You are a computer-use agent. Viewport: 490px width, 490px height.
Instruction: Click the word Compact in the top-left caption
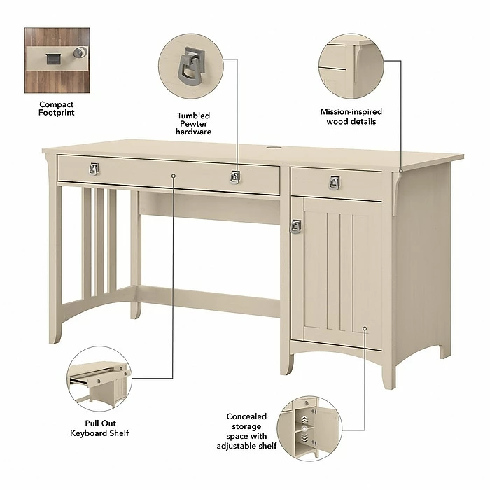coord(57,104)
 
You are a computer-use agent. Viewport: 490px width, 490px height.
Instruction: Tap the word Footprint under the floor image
coord(57,113)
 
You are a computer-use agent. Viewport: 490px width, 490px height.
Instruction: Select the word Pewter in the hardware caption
coord(193,124)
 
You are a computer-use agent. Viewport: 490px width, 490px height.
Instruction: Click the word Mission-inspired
coord(351,112)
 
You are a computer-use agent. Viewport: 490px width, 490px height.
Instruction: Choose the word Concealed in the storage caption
coord(246,416)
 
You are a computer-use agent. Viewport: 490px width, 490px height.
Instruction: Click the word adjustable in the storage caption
coord(236,446)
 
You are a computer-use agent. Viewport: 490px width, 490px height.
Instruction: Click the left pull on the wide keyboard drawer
coord(94,169)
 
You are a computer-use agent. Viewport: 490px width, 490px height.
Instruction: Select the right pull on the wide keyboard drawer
coord(235,177)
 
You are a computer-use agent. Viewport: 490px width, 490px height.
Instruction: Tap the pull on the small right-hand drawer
coord(335,183)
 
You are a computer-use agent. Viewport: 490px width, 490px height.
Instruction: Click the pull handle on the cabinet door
coord(295,226)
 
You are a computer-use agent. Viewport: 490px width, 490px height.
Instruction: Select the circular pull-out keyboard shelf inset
coord(99,379)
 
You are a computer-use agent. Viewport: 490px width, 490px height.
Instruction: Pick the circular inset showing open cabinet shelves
coord(309,429)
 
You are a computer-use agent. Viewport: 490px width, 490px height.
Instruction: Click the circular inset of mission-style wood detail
coord(351,66)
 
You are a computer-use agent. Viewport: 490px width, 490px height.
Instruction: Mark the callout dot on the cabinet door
coord(365,328)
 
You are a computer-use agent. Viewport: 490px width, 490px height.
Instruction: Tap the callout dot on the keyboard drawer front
coord(174,176)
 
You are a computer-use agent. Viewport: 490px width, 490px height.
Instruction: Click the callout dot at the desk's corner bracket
coord(401,171)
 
